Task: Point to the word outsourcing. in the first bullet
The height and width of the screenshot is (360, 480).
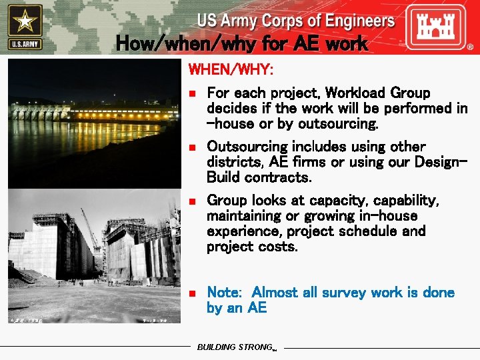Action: pyautogui.click(x=339, y=124)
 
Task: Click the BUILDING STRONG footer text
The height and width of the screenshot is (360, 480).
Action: pyautogui.click(x=235, y=347)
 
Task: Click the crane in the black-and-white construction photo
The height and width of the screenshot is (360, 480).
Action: pyautogui.click(x=90, y=227)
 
